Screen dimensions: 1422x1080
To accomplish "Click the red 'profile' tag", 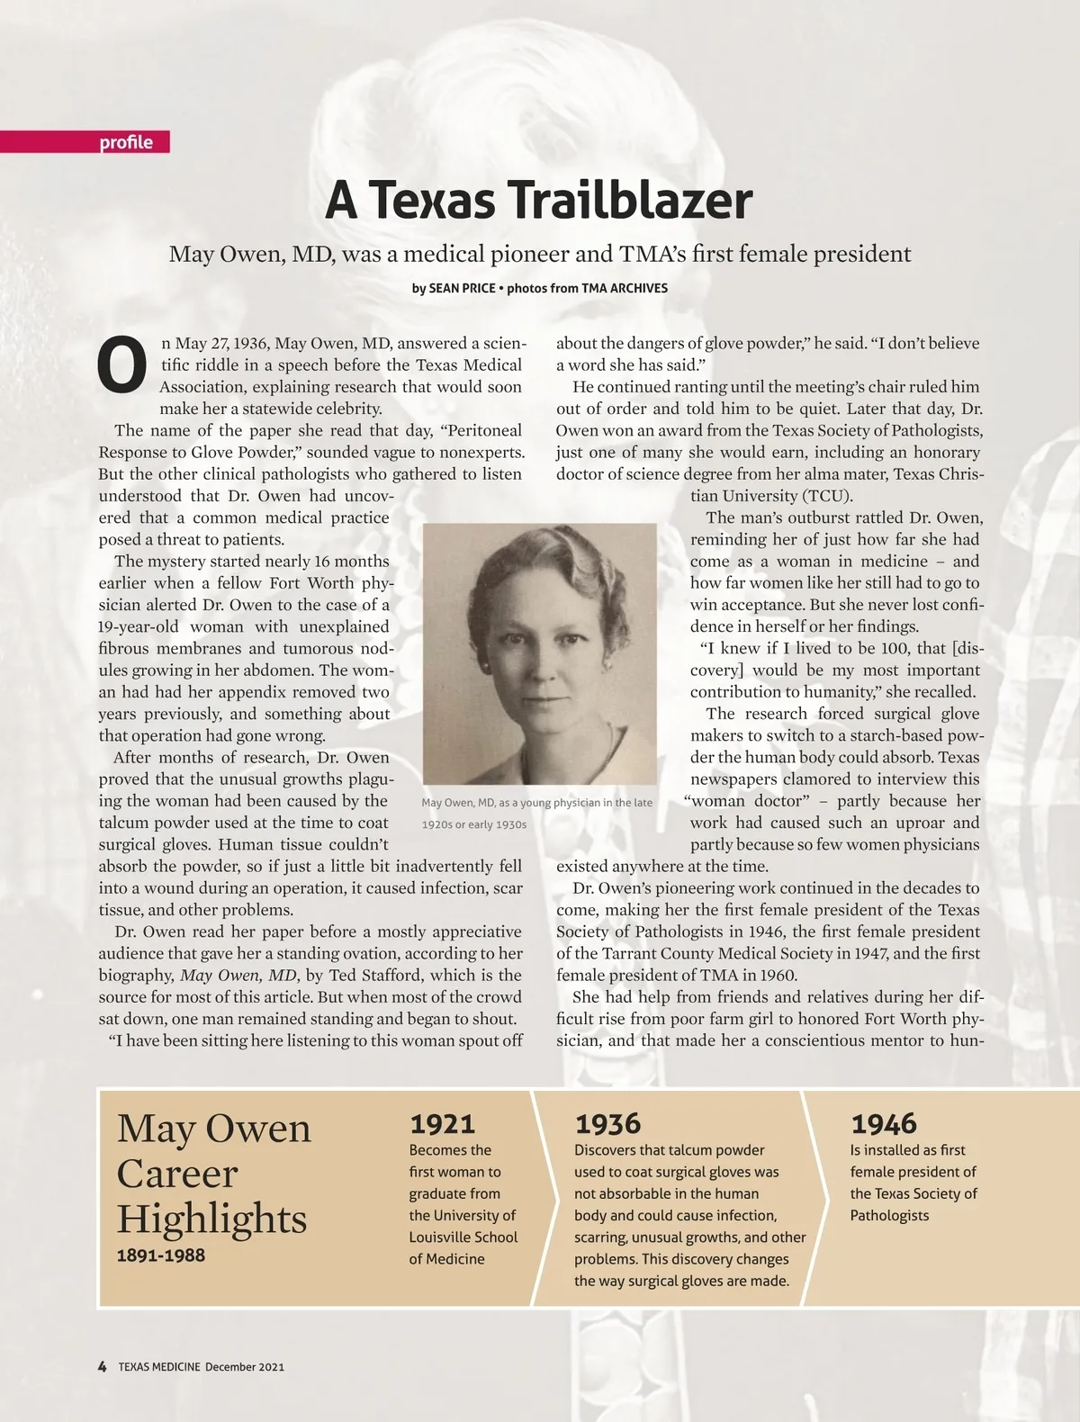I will (126, 142).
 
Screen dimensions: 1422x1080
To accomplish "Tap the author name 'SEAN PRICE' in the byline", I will (462, 289).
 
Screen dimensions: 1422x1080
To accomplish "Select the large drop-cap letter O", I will (121, 366).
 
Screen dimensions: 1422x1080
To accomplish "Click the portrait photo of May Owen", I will (539, 653).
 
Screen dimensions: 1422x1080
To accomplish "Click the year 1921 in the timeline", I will (442, 1123).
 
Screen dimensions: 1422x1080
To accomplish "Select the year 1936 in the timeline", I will (607, 1123).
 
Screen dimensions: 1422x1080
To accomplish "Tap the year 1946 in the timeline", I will (884, 1123).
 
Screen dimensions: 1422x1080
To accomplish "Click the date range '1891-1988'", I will (161, 1255).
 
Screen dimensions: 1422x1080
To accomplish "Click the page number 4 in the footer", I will (103, 1366).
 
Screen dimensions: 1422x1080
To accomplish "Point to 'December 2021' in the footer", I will (245, 1366).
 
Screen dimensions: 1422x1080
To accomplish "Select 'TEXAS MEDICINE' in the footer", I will (159, 1366).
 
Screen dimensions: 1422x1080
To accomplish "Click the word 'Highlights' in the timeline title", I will (211, 1219).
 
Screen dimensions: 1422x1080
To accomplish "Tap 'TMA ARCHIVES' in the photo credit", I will (625, 289).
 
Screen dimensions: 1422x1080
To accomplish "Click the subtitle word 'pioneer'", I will (527, 254).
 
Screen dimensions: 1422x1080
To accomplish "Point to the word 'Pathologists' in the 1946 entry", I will (889, 1215).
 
